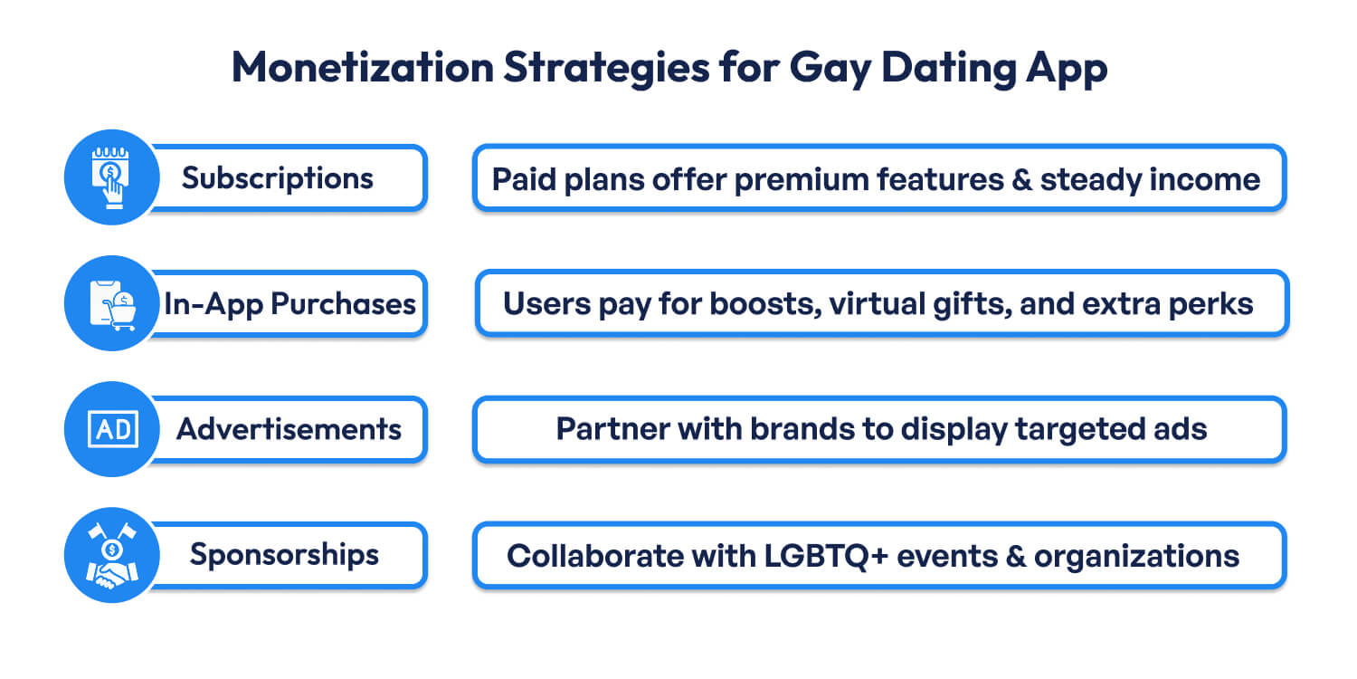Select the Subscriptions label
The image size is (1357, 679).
tap(277, 178)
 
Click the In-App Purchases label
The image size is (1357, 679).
tap(289, 303)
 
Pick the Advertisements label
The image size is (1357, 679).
tap(289, 428)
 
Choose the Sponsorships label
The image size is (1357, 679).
tap(284, 554)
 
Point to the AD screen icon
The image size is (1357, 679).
tap(111, 429)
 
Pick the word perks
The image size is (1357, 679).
tap(1214, 304)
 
